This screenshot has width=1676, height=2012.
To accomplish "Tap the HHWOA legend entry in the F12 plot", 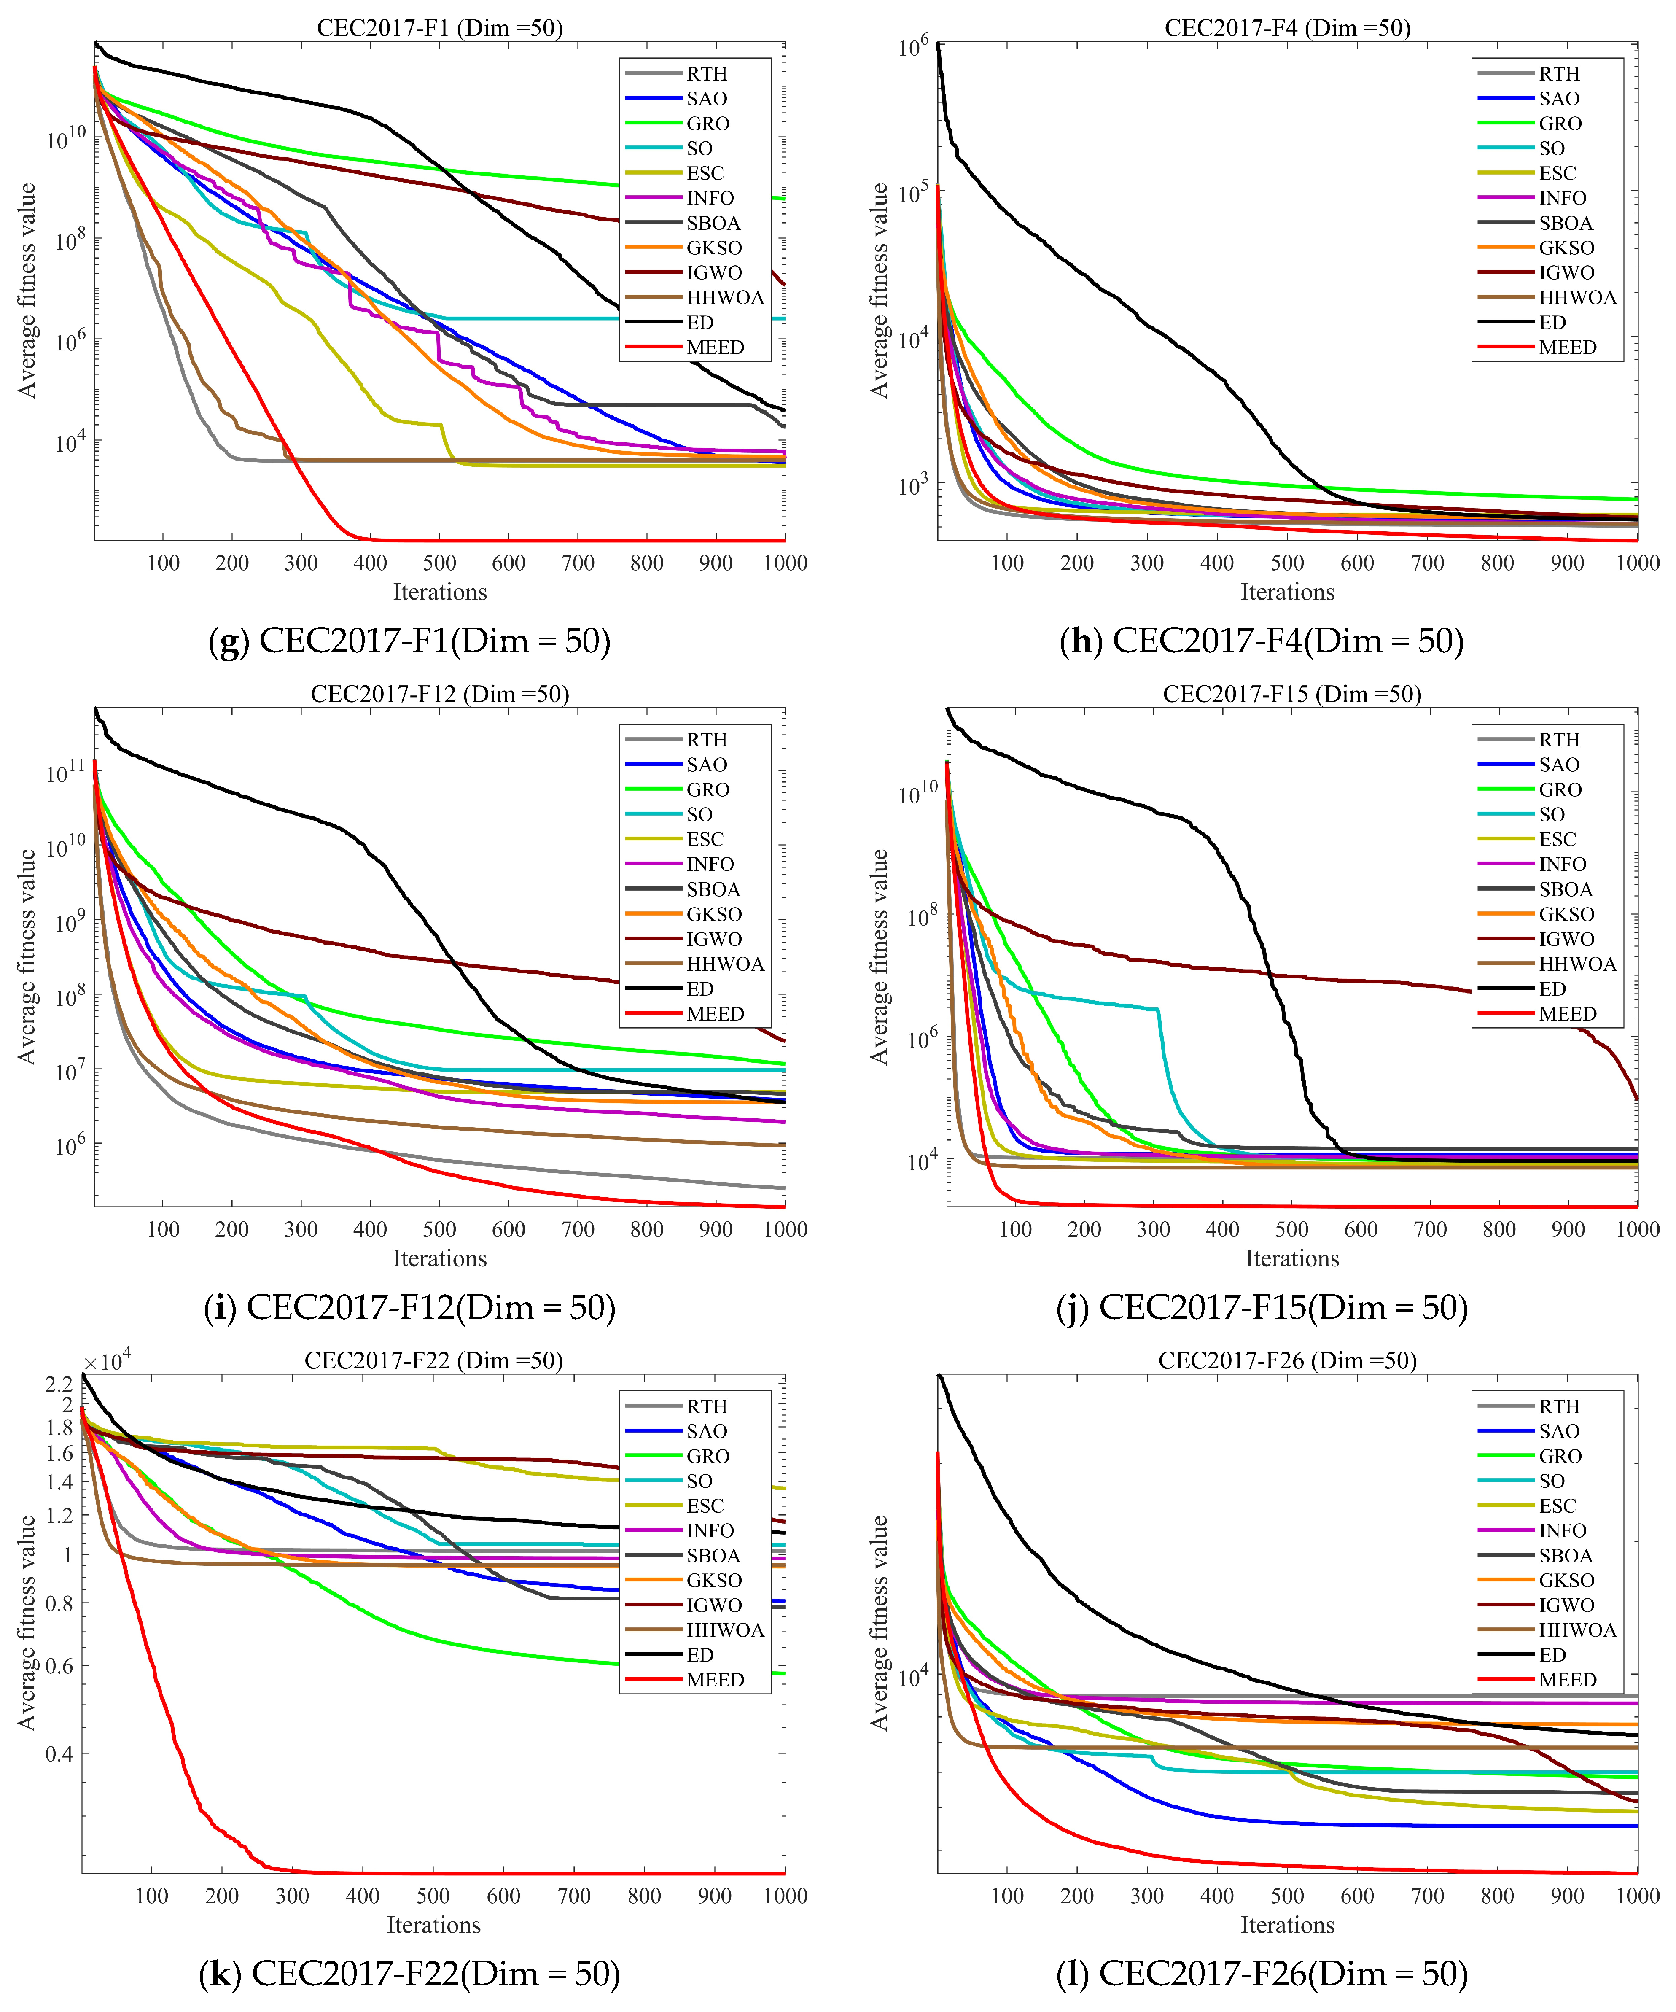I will [x=725, y=964].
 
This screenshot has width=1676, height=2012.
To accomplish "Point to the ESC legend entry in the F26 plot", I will [x=1557, y=1506].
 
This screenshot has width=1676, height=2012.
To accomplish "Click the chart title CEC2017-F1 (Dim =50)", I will [x=440, y=28].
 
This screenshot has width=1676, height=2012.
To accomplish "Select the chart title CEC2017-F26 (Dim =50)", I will [x=1287, y=1360].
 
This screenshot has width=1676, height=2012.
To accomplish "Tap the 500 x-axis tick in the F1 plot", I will [x=440, y=563].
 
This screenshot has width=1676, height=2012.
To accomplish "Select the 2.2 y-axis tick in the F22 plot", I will [x=59, y=1384].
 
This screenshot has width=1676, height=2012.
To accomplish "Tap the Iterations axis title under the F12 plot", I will [x=440, y=1259].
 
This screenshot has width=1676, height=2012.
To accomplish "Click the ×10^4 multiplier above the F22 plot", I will [x=106, y=1360].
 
